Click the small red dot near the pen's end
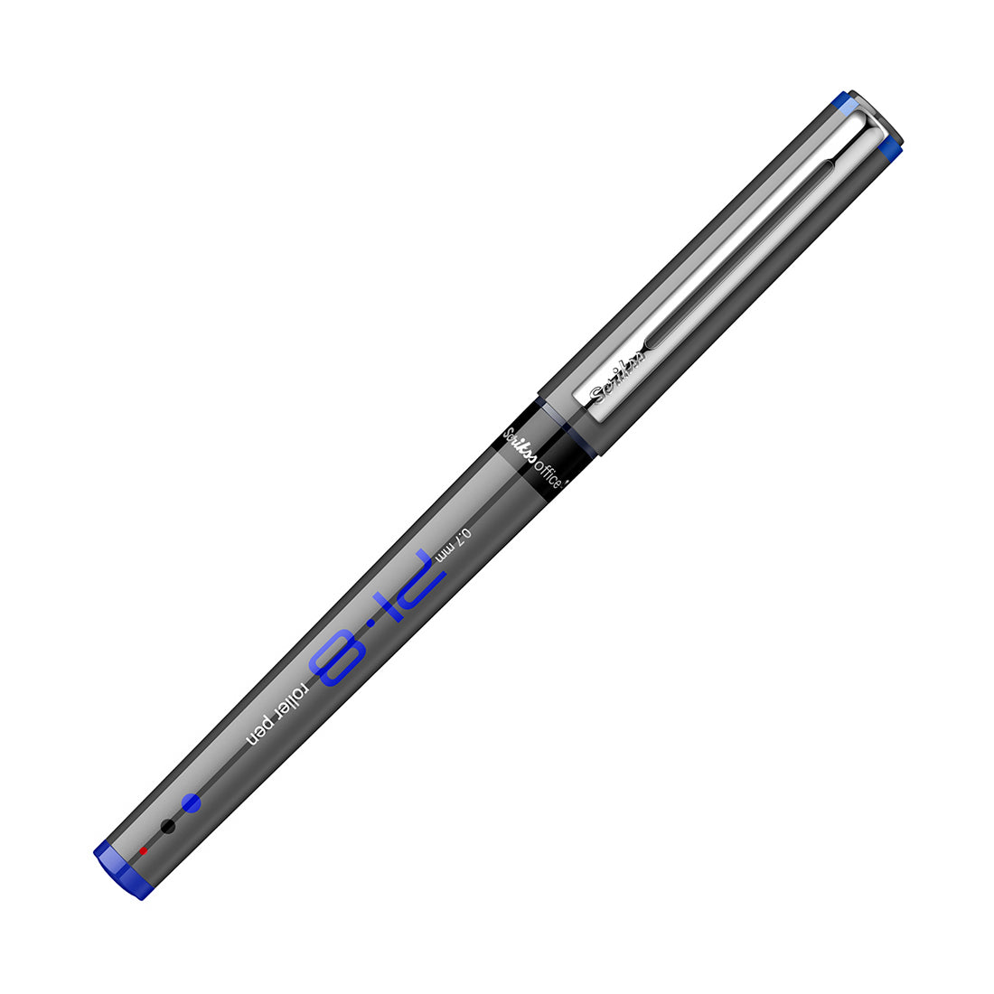point(143,850)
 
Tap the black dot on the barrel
point(166,826)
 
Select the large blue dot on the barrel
point(191,802)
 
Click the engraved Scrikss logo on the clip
point(620,378)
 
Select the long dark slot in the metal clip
point(741,253)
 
